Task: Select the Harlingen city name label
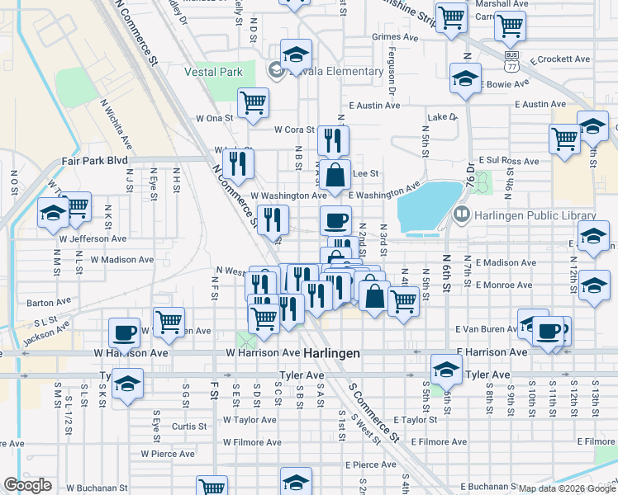[x=331, y=352]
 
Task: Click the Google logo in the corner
[x=28, y=485]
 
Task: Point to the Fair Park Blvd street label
[x=94, y=161]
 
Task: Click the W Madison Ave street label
[x=122, y=259]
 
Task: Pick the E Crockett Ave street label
[x=560, y=59]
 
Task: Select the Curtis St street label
[x=189, y=427]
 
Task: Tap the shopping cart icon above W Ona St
[x=253, y=103]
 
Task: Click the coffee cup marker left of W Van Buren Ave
[x=124, y=332]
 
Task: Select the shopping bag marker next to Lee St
[x=335, y=176]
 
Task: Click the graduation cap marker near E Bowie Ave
[x=465, y=78]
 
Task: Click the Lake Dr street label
[x=442, y=117]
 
